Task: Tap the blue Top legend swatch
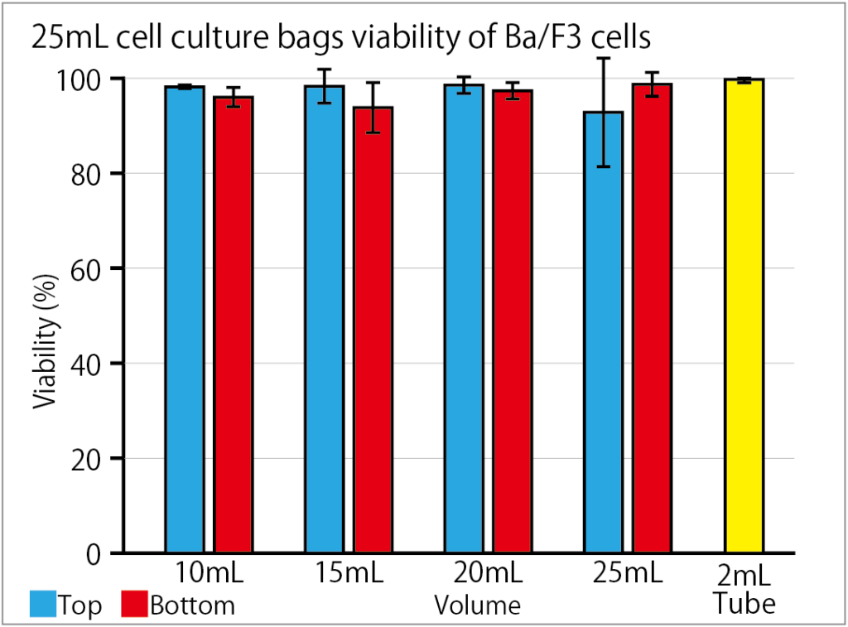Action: pos(42,605)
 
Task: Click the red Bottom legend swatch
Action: pos(134,605)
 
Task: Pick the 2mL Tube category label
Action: pos(744,589)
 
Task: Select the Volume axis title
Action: pos(477,605)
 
